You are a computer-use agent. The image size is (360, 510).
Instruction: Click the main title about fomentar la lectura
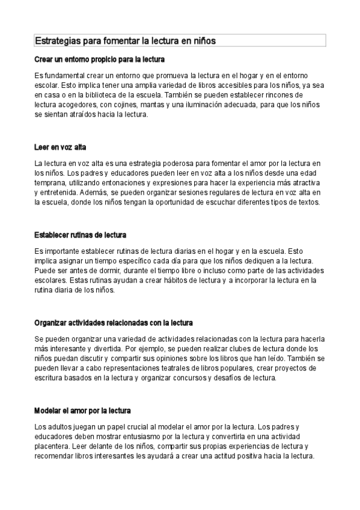(125, 40)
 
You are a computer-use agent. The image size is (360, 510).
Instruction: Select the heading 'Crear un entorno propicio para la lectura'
(99, 60)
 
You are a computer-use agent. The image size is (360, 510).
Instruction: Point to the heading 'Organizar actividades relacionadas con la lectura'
(114, 322)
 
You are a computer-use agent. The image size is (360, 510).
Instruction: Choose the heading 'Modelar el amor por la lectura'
(82, 411)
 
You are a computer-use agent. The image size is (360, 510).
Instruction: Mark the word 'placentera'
(52, 446)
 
